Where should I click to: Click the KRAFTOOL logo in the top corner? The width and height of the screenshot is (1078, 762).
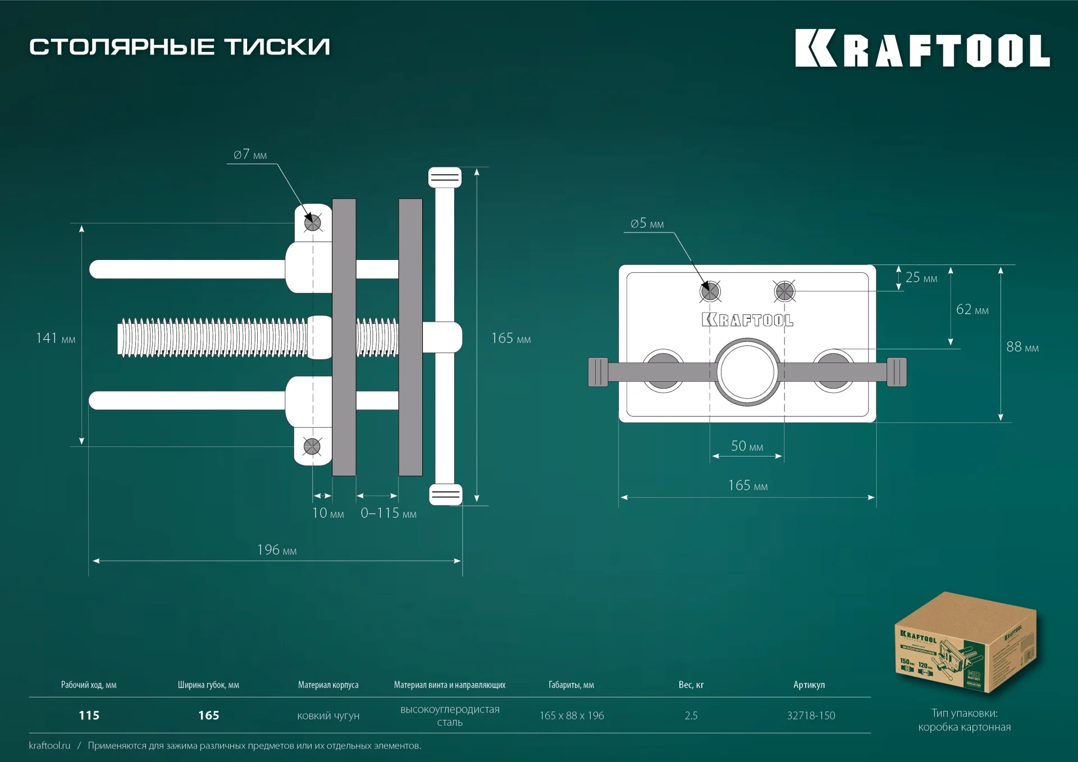922,48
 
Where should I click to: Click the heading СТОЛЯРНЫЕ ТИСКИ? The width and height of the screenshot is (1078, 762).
180,47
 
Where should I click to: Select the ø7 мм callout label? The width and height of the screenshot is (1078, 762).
250,154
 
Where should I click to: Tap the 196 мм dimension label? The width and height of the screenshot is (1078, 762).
277,550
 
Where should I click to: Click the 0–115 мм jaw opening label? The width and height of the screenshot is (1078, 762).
389,513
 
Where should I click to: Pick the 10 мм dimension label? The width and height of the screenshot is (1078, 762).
328,513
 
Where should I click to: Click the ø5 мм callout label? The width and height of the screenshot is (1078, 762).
647,223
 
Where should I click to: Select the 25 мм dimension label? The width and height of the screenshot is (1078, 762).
921,277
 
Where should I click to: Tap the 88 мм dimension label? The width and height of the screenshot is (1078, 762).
1022,347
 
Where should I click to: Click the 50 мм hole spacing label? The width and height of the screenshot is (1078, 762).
747,446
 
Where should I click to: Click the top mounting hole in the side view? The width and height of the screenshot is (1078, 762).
313,223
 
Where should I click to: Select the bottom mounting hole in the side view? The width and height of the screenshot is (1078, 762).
312,447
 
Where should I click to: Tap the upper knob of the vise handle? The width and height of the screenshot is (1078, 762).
445,177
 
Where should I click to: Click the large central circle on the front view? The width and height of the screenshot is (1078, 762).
747,372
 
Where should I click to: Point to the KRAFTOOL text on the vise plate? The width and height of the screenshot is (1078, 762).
747,320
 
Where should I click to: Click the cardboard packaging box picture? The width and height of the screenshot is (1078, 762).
965,643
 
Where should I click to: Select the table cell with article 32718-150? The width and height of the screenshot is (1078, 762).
811,715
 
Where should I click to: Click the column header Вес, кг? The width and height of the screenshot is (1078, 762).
691,685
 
